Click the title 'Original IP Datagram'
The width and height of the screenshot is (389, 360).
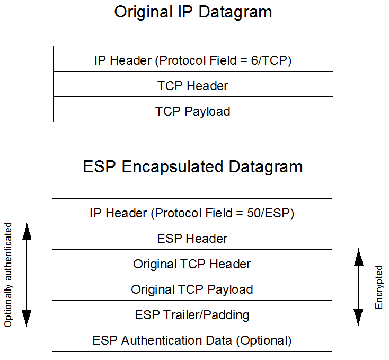tap(193, 13)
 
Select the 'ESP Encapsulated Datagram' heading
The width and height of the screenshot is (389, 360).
tap(193, 166)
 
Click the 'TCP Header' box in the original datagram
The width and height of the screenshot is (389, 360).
tap(193, 85)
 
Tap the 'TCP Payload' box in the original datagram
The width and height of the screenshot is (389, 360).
tap(193, 111)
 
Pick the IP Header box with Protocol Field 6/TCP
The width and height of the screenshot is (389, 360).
tap(193, 60)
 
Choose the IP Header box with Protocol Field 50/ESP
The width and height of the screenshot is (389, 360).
tap(192, 213)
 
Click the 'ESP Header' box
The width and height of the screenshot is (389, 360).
tap(192, 239)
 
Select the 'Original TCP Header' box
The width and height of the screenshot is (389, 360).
tap(192, 264)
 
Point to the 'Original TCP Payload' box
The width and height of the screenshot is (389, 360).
tap(192, 289)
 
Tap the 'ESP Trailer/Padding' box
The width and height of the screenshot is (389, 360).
tap(192, 315)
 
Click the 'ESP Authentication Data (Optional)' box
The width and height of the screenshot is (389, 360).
tap(192, 340)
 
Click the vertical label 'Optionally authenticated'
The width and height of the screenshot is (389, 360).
tap(8, 275)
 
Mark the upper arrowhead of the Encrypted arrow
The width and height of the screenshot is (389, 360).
tap(359, 257)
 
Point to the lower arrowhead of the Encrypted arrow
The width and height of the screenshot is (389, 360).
tap(359, 317)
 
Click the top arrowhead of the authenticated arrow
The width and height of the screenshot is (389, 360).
tap(26, 232)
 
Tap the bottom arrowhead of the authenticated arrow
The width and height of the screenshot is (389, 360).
tap(26, 318)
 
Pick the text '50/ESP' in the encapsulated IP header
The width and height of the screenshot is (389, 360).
tap(271, 214)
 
